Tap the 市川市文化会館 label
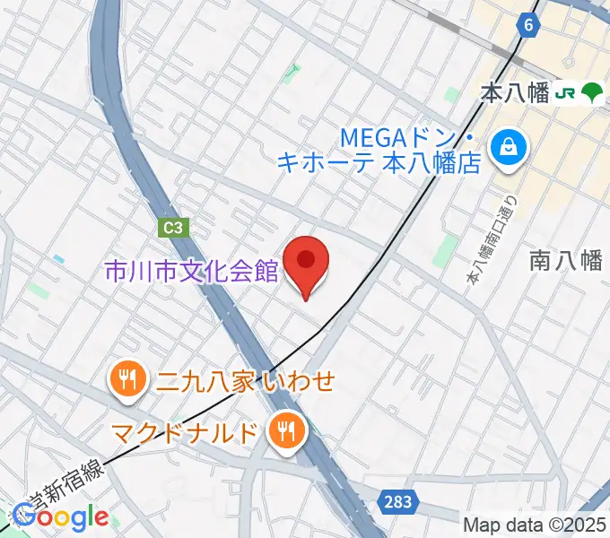(x=192, y=270)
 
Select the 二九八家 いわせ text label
(x=245, y=381)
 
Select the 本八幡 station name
(x=515, y=92)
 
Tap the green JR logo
(x=565, y=91)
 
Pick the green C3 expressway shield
(x=173, y=229)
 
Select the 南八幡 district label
(x=565, y=260)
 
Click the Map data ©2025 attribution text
(x=536, y=525)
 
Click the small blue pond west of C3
(x=59, y=259)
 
